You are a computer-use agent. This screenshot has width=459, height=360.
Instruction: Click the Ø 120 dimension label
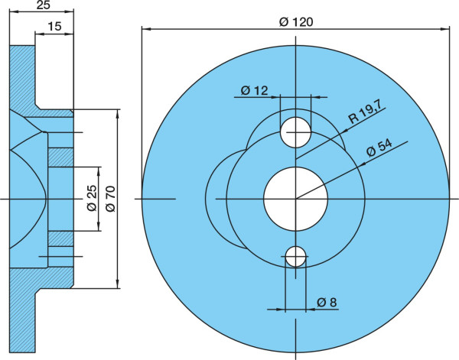(x=296, y=22)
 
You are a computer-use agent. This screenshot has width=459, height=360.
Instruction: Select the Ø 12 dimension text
(x=255, y=90)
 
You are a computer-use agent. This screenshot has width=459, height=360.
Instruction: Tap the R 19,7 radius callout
(x=366, y=113)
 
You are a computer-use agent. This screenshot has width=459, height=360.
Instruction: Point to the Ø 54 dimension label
(x=379, y=148)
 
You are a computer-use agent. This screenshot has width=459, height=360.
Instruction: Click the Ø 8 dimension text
(x=327, y=302)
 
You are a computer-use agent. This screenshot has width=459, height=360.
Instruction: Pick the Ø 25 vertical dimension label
(x=92, y=198)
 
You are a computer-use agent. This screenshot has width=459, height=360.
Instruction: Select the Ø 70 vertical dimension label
(x=111, y=199)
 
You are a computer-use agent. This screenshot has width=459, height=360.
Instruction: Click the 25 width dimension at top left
(x=44, y=5)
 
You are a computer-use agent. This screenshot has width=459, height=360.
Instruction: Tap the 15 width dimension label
(x=55, y=26)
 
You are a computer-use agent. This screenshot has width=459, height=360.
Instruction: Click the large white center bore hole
(x=295, y=199)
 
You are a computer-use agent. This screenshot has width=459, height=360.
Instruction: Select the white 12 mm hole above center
(x=295, y=132)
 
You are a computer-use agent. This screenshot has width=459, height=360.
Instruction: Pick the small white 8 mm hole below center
(x=295, y=257)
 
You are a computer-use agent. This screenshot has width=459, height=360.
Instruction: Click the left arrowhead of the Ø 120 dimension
(x=146, y=29)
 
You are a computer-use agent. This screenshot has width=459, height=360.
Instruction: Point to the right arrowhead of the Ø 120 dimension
(x=445, y=29)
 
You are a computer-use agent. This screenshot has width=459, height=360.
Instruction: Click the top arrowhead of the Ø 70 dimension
(x=118, y=114)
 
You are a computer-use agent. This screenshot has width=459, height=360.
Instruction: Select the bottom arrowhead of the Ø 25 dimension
(x=99, y=226)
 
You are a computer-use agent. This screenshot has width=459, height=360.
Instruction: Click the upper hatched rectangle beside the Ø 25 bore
(x=60, y=157)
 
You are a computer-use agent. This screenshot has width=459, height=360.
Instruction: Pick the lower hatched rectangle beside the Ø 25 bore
(x=60, y=238)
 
